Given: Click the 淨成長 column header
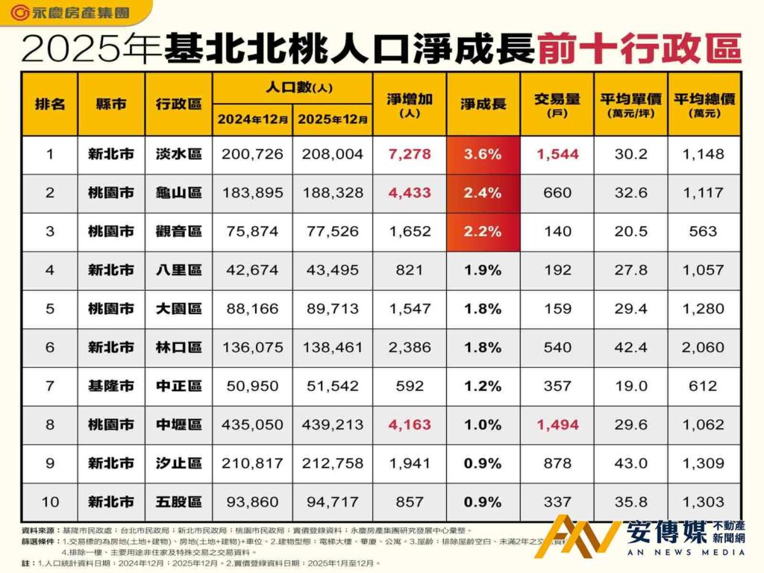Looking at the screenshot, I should pos(483,104).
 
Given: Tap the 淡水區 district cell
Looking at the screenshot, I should pos(179,154).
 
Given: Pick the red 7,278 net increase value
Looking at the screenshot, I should pos(409,154).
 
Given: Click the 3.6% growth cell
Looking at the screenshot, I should pos(483,154).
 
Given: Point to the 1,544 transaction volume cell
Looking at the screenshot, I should pos(557,154).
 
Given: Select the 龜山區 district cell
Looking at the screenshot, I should pos(179,193).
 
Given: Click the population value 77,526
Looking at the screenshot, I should pos(333,232).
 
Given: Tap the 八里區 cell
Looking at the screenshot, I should pos(179,270).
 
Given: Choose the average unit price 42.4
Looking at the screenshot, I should pos(630,348).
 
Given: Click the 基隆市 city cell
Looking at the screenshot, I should pos(111,386).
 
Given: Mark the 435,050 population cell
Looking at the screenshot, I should pos(252,425).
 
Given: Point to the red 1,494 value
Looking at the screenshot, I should pos(557,425).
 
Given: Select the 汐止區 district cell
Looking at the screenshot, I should pos(179,463).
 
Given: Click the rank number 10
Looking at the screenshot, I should pos(50,501).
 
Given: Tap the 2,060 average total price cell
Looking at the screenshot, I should pos(704,348).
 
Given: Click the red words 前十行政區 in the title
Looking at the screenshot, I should pos(639,48).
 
